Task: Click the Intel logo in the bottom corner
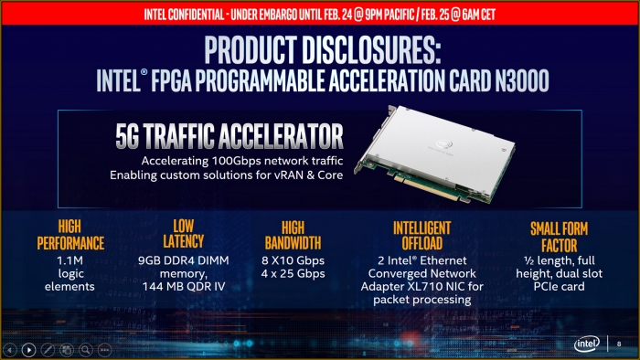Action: (587, 344)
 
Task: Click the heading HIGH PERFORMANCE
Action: (70, 235)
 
